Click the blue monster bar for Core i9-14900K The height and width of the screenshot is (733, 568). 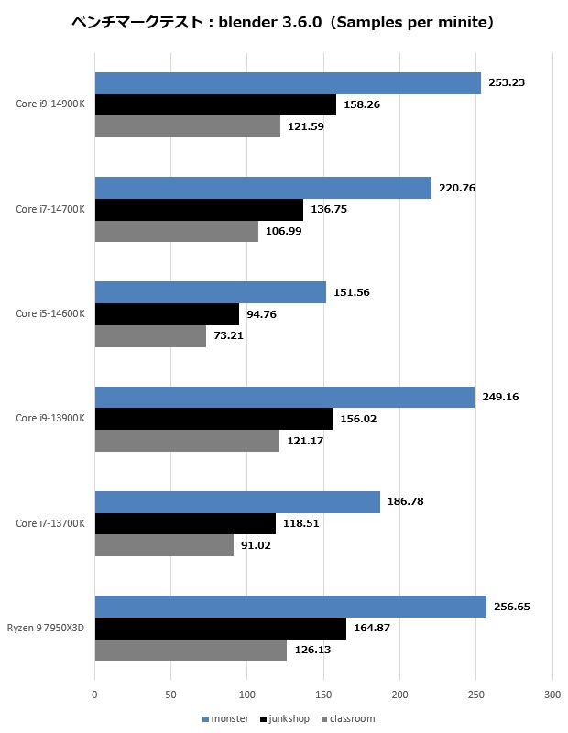pos(288,83)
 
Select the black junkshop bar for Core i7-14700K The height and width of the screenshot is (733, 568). pos(199,209)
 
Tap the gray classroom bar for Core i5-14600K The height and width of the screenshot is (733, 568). pos(150,335)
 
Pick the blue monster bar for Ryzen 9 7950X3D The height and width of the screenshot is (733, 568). pos(290,607)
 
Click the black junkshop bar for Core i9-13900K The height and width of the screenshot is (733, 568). pos(213,419)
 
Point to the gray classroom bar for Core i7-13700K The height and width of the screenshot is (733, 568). pos(164,544)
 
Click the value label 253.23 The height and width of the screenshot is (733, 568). pos(507,82)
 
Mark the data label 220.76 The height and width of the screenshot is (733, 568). pos(457,188)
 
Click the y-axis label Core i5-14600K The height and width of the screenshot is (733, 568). pos(50,313)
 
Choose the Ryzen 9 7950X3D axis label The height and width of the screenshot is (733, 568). pos(46,628)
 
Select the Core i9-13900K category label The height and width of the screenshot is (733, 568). pos(50,418)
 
